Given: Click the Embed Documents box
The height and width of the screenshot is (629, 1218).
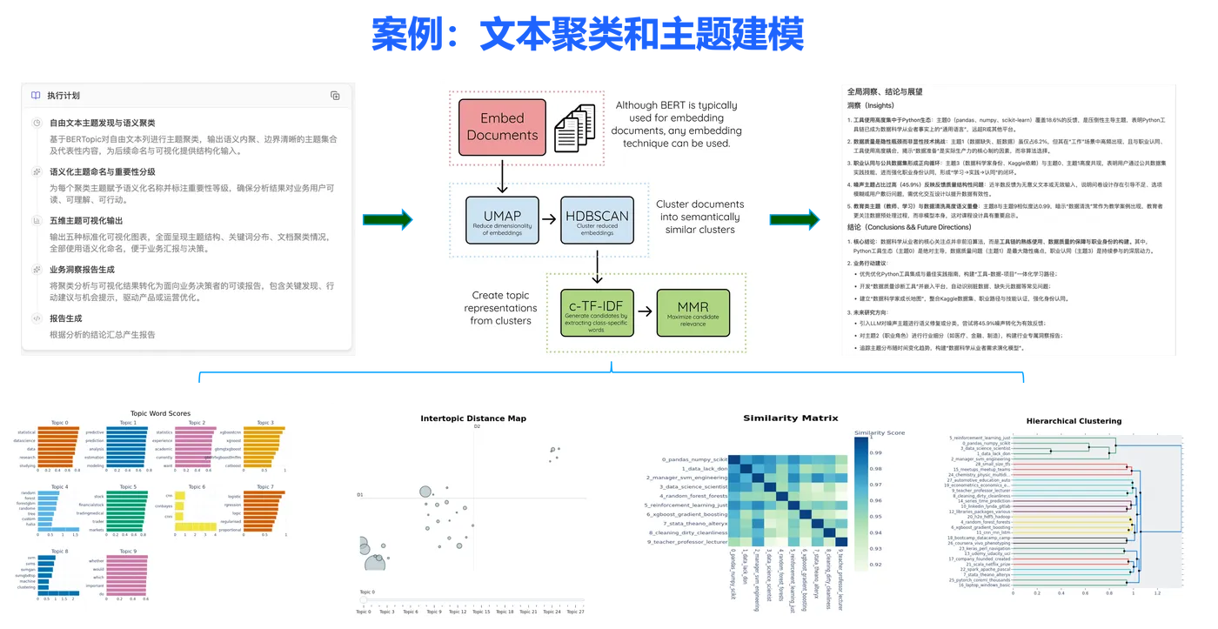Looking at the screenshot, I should [x=502, y=126].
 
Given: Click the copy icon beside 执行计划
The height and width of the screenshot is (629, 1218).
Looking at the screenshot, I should [x=335, y=96].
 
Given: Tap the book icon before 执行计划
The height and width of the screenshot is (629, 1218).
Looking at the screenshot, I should [x=36, y=96].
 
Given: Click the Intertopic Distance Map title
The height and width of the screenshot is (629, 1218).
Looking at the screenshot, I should [x=473, y=418].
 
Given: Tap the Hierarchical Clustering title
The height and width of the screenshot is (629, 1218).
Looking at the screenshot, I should [x=1074, y=421].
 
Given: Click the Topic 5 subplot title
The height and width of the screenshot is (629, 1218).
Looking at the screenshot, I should [x=128, y=487].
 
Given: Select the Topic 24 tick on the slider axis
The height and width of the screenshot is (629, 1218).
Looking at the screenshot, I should [x=552, y=612].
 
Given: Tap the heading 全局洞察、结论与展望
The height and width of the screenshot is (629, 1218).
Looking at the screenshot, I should [x=885, y=91].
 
